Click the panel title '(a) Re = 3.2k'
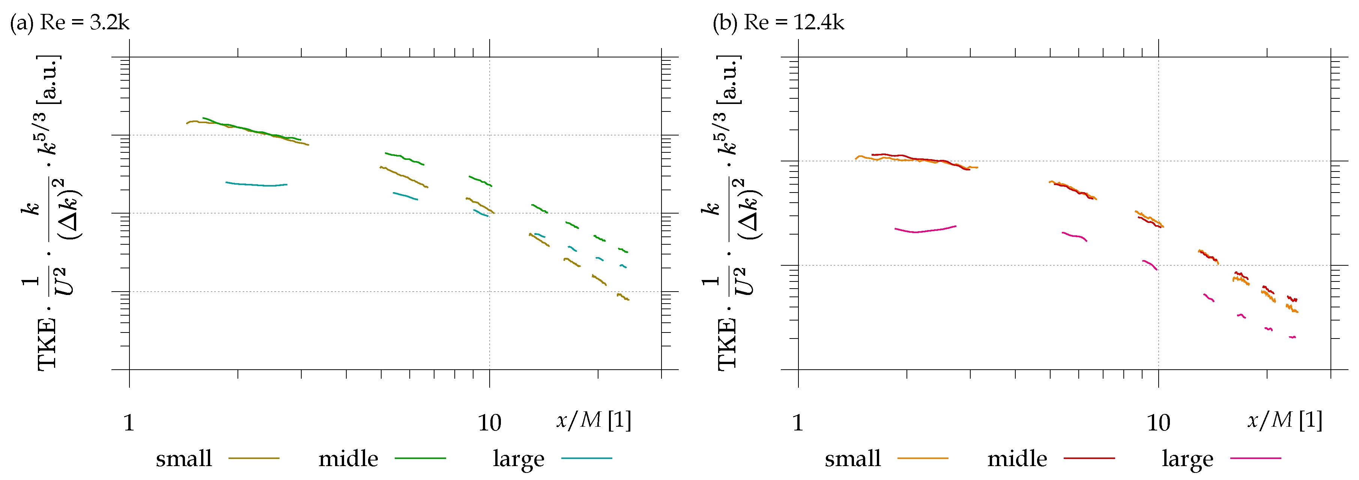point(70,23)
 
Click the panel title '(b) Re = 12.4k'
point(778,23)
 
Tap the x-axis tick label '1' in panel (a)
point(129,423)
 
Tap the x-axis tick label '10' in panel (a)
point(489,423)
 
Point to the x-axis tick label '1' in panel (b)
point(797,423)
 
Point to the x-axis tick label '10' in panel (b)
point(1158,423)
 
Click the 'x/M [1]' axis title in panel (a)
point(594,420)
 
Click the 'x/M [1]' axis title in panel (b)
point(1285,420)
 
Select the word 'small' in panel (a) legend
point(183,458)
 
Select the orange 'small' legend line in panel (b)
point(922,458)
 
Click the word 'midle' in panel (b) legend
point(1016,458)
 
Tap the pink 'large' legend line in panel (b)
point(1255,458)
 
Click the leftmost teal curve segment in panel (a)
point(256,185)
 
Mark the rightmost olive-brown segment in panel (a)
point(623,297)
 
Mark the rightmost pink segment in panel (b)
point(1292,337)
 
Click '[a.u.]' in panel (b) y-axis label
point(729,79)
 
